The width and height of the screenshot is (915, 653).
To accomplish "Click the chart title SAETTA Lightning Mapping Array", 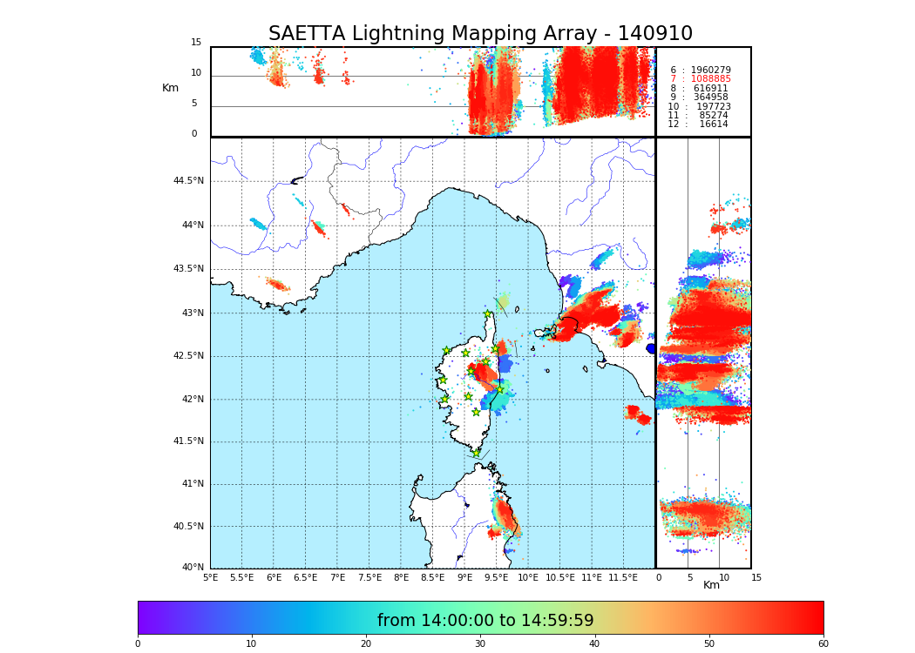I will (480, 34).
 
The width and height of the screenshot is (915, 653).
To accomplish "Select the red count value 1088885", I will (710, 79).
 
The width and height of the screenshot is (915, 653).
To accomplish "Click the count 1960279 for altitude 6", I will (710, 70).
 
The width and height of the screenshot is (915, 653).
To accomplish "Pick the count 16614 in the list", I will (714, 125).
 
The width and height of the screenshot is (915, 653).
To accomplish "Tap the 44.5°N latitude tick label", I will (188, 181).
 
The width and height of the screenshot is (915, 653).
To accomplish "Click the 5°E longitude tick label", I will (210, 577).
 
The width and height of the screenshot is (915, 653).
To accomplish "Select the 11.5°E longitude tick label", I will (623, 577).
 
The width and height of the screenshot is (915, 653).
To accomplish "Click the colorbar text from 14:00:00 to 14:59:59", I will (485, 621).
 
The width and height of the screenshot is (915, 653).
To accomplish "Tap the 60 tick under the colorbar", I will (823, 644).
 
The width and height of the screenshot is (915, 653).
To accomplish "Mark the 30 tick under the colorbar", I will (480, 644).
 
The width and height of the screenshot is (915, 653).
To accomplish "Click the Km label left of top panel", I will (170, 88).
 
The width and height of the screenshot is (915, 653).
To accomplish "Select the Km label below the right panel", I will (711, 585).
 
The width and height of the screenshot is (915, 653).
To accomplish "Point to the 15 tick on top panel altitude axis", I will (196, 43).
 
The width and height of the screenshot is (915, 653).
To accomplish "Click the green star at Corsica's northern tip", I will (488, 314).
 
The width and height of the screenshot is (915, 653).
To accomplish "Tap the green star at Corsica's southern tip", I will (476, 453).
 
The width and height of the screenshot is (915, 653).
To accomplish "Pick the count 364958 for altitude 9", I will (710, 98).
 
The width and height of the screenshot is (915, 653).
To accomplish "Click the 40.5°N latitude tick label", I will (188, 527).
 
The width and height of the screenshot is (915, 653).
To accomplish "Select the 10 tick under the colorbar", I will (251, 644).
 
